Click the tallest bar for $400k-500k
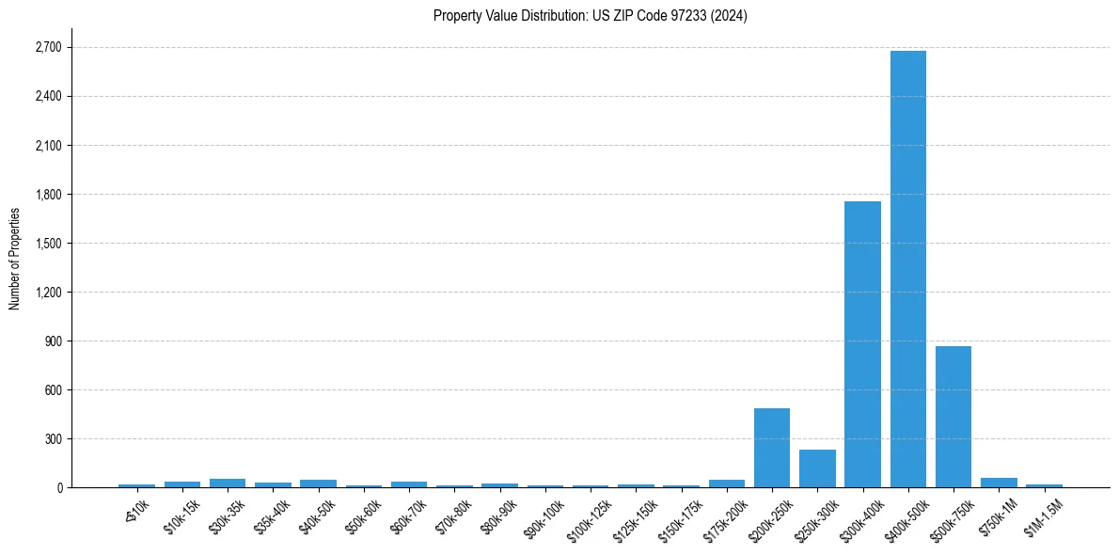pos(907,269)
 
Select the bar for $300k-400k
pos(862,344)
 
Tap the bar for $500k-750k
pos(953,417)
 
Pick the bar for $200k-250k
pos(771,448)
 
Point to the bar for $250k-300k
pos(817,468)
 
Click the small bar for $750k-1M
pos(999,483)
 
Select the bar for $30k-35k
pos(228,483)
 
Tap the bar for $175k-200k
pos(726,484)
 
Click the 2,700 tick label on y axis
pos(47,47)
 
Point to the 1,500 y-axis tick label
pos(47,244)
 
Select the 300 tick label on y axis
pos(53,439)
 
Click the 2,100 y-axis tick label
pos(47,146)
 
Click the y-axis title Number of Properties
pos(14,258)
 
